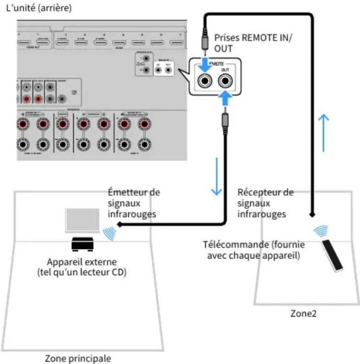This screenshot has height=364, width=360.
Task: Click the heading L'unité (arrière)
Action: (38, 8)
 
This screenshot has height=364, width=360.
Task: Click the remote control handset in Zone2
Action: (332, 255)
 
